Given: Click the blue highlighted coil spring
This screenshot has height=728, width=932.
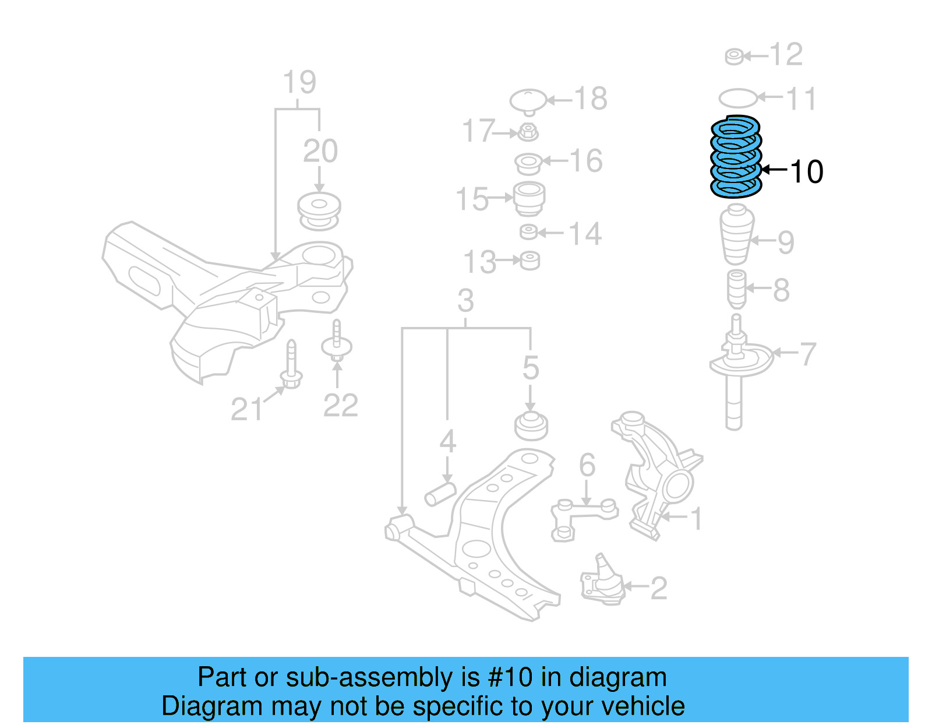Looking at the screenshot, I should [x=736, y=157].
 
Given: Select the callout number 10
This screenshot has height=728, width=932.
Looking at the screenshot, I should [x=806, y=172].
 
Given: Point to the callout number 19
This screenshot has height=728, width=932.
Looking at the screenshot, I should [x=299, y=82].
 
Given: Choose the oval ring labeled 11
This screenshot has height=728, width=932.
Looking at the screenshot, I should [x=737, y=97].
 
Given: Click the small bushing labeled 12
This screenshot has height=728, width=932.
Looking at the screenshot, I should [x=734, y=57].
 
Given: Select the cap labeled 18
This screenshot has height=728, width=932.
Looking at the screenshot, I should [x=528, y=101].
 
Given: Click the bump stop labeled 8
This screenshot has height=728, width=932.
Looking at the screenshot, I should [x=737, y=289].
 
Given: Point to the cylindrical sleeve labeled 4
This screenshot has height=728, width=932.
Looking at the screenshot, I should [x=440, y=494].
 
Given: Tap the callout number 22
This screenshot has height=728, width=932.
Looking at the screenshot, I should [x=340, y=406].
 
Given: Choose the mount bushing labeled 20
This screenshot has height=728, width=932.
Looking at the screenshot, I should [x=319, y=210].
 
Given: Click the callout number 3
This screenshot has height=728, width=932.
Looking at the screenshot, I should [x=465, y=301].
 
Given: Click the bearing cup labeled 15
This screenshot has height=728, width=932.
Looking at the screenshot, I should [x=529, y=198].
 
